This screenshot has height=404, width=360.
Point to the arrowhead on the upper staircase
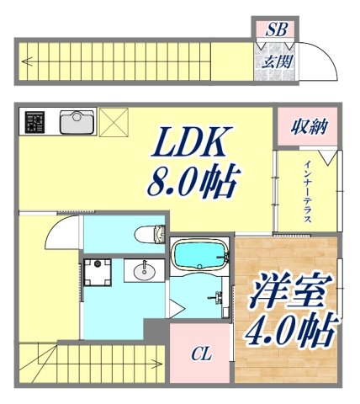point(29,61)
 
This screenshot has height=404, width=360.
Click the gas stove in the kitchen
point(34,123)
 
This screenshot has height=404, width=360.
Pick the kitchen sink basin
point(78,122)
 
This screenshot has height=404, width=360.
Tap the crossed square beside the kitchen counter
point(112,123)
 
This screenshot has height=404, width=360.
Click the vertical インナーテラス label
point(309,190)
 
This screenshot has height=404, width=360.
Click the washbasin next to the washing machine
point(144,271)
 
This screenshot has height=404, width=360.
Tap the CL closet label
point(200,354)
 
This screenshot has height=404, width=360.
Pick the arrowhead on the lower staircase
point(157,364)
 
